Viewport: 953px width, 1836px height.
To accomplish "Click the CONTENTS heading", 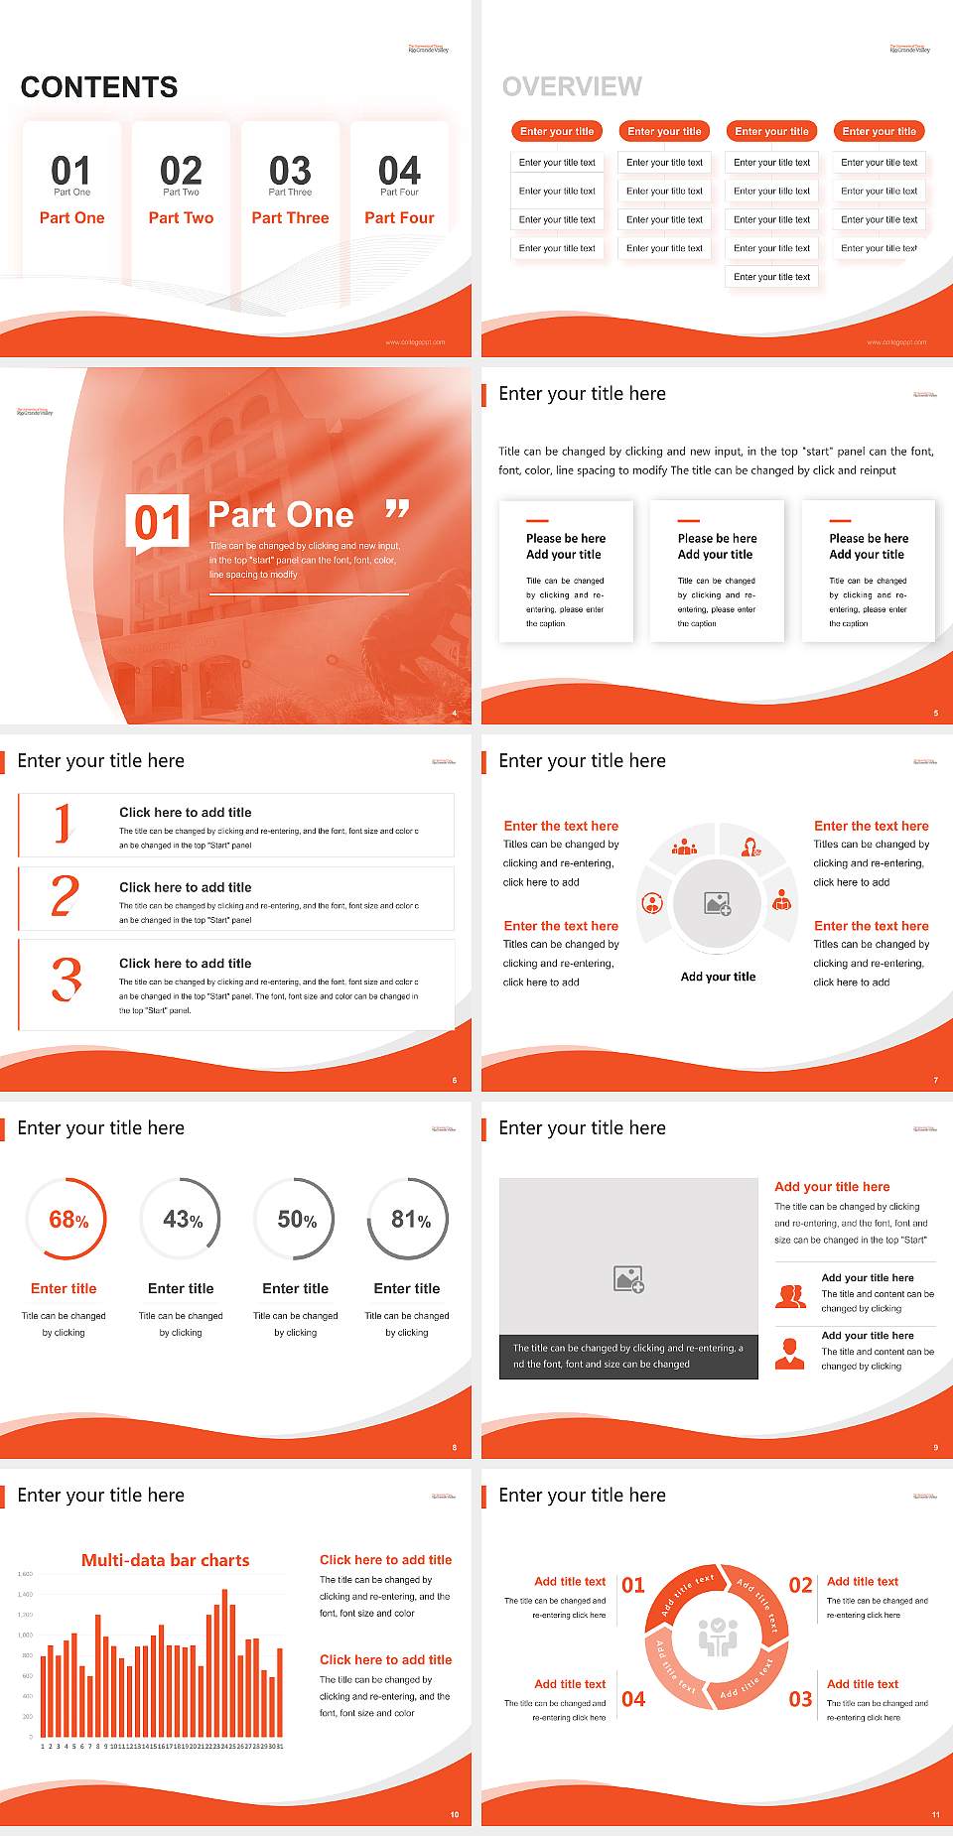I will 99,87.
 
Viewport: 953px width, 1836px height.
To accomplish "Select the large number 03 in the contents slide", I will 290,171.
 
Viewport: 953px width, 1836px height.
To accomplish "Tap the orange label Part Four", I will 399,217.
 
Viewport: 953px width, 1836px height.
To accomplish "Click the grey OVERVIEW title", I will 572,87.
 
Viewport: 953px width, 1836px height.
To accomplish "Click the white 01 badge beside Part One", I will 158,522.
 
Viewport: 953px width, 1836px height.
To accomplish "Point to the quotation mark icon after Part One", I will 397,510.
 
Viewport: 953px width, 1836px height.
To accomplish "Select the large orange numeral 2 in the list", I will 65,897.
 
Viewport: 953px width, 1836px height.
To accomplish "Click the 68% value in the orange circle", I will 68,1220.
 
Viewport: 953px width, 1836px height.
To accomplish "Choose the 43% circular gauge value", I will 183,1220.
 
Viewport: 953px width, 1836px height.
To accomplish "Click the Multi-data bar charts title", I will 166,1560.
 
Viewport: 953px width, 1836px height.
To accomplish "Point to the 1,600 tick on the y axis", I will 25,1574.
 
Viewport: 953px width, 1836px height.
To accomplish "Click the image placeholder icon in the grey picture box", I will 629,1279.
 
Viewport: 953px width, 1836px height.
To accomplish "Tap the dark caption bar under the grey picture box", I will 628,1357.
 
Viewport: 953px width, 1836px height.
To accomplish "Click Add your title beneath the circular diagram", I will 718,977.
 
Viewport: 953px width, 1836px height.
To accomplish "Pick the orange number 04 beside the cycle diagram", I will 633,1699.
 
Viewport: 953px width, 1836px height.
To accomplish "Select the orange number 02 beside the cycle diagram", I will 800,1585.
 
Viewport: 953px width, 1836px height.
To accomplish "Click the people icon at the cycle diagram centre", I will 718,1637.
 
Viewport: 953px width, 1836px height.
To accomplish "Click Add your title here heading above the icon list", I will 832,1186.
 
